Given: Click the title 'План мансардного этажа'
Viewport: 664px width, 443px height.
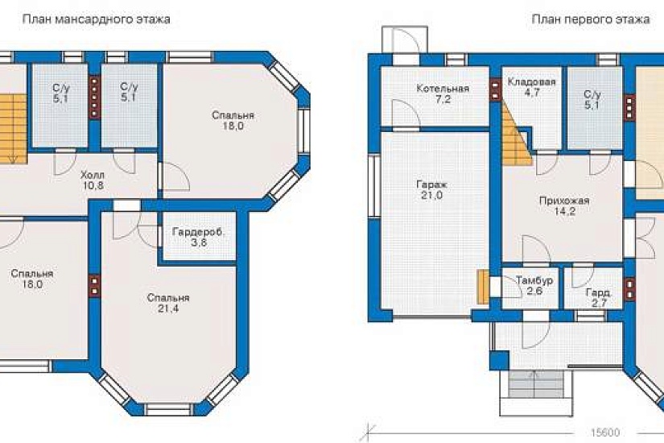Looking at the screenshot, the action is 96,19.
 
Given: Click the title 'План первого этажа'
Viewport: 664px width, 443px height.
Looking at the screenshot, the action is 591,19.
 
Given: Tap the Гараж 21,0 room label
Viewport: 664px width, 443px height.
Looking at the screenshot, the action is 432,190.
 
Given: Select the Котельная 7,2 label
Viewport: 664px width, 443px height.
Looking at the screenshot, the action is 443,93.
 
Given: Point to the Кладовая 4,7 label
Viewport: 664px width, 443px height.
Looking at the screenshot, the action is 531,87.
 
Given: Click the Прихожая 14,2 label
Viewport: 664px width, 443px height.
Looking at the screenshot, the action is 564,205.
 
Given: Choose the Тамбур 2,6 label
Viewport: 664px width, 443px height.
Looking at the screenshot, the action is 534,285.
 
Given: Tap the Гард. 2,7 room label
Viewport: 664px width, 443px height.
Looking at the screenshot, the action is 598,297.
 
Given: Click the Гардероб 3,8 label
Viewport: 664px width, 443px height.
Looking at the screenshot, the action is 198,238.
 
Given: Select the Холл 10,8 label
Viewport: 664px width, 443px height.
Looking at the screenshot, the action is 93,180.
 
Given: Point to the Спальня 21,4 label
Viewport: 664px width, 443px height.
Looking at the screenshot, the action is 168,303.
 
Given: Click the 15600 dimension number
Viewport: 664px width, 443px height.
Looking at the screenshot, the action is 605,432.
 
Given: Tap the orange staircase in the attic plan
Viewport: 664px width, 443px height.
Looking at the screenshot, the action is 14,129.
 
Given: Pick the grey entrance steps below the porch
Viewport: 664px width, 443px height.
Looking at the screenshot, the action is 535,383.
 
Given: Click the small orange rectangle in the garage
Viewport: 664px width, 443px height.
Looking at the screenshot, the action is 483,287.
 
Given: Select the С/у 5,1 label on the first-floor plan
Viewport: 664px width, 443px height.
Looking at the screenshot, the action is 592,100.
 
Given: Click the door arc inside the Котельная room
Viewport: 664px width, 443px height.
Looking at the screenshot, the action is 406,114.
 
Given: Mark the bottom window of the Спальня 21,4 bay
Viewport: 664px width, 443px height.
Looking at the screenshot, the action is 168,409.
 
